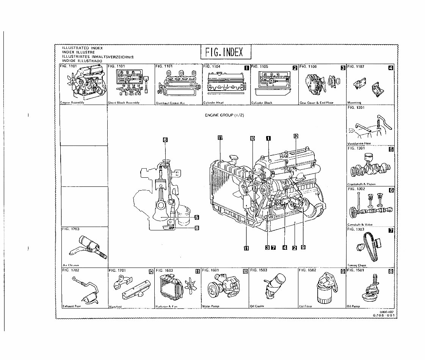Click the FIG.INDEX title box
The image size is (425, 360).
click(226, 52)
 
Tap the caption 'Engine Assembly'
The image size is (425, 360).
click(72, 103)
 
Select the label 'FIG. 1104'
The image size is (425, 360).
click(212, 66)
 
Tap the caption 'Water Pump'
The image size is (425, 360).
click(211, 306)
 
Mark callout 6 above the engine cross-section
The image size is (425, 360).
click(165, 139)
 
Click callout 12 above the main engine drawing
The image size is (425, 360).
click(296, 136)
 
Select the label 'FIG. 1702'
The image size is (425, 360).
click(70, 271)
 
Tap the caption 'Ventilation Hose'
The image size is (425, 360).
click(359, 144)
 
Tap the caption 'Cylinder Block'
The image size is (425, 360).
click(262, 103)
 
